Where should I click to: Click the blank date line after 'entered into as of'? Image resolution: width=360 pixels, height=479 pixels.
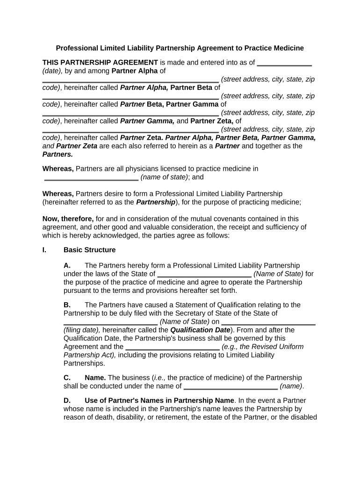[x=284, y=64]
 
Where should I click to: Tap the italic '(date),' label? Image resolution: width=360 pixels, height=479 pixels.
[x=52, y=71]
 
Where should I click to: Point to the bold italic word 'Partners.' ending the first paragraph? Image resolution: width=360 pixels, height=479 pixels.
[x=58, y=154]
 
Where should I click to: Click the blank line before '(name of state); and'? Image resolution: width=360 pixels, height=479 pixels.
[x=91, y=178]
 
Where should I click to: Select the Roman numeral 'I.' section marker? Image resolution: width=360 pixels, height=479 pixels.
[x=44, y=250]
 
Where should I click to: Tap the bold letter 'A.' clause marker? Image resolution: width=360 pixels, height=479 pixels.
[x=67, y=265]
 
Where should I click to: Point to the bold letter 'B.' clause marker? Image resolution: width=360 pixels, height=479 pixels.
[x=67, y=305]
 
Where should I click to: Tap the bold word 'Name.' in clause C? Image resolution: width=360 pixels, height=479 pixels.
[x=95, y=377]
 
